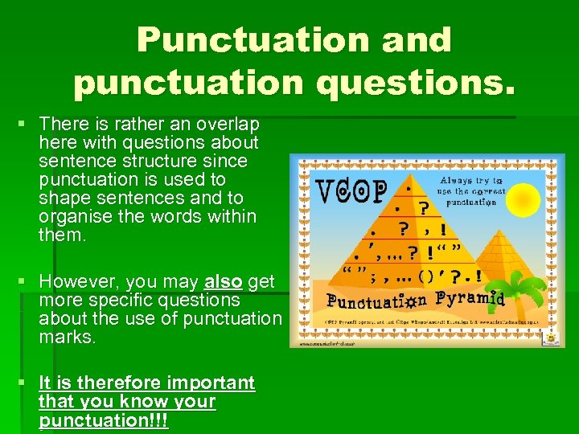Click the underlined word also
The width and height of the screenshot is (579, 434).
click(224, 282)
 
